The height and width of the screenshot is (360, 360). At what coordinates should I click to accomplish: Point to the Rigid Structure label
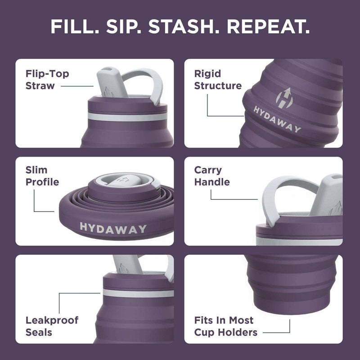tap(217, 79)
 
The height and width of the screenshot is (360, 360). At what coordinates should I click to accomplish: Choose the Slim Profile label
tap(42, 176)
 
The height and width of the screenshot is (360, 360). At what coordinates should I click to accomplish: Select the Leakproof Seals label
tap(52, 326)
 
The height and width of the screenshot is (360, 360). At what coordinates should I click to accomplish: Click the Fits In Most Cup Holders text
tap(226, 326)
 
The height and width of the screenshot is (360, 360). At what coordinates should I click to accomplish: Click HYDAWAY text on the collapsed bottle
tap(113, 228)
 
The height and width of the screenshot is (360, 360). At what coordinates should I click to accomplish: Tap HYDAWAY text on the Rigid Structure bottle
tap(277, 120)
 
